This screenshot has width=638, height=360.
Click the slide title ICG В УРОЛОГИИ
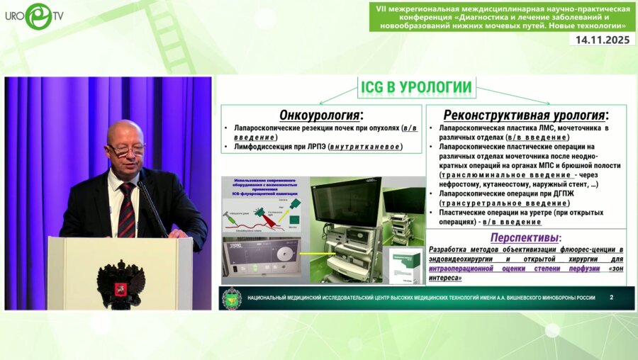[416, 87]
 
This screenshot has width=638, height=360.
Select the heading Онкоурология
[321, 115]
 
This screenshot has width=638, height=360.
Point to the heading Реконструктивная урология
[525, 115]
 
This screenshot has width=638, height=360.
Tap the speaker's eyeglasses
[125, 149]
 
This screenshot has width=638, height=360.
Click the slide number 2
[611, 298]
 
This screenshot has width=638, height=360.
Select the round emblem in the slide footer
[231, 298]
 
